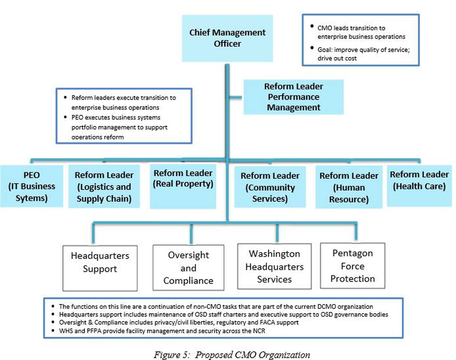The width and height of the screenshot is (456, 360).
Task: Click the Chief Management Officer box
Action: point(227,38)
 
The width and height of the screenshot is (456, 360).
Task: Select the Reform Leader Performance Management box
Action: point(293,97)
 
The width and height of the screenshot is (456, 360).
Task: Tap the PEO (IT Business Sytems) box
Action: point(31,186)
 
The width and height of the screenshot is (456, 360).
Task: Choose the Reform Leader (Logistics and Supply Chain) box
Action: point(104,186)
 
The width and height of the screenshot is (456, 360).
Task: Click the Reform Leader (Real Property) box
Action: point(183,186)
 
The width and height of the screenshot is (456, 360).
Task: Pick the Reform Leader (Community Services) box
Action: point(270,187)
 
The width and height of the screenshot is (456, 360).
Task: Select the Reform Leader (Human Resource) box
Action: point(349,187)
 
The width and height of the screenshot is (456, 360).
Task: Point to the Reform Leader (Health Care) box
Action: point(419,186)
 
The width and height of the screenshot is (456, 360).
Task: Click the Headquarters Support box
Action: point(100,268)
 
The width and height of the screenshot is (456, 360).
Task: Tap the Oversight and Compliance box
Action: point(188,268)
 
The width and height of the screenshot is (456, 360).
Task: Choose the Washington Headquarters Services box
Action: point(274,266)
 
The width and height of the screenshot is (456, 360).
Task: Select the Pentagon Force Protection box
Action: point(352,266)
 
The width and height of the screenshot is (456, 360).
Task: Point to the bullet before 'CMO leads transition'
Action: point(312,26)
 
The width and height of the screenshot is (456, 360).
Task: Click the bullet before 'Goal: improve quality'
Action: point(312,48)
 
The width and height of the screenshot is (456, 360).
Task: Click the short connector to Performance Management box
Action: point(235,98)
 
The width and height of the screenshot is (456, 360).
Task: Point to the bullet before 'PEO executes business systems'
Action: point(65,117)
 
